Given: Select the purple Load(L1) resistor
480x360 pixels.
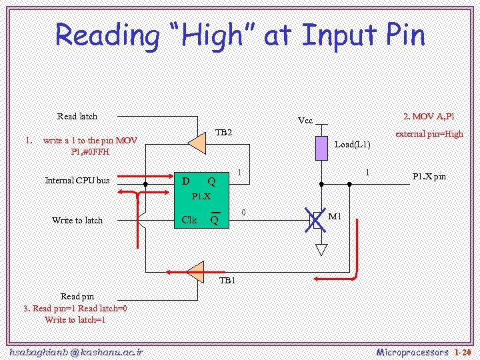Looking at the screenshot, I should coord(321,149).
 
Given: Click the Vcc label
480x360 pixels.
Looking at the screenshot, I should coord(305,121).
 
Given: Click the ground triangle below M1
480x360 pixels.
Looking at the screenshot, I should coord(321,250).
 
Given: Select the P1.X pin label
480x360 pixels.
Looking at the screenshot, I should coord(429,177).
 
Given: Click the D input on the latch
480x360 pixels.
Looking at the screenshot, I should coord(186,181).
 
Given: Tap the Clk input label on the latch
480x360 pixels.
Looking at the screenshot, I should coord(189,219).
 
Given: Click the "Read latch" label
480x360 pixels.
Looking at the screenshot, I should coord(77,117).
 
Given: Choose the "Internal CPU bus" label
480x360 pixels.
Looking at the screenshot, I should coord(77,181).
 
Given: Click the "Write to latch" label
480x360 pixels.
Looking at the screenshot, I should coord(77,221).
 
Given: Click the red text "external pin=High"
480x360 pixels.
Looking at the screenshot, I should coord(429,134).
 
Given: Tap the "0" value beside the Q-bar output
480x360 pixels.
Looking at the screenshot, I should coord(243,213).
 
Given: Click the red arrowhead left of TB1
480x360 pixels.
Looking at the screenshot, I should coord(171,271).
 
